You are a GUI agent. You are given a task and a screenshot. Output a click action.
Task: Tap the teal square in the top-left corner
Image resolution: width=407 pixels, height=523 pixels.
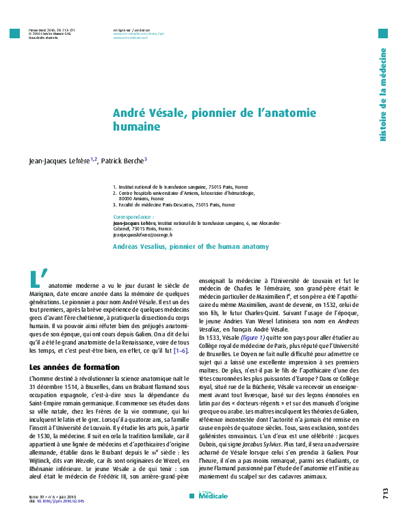pyautogui.click(x=14, y=33)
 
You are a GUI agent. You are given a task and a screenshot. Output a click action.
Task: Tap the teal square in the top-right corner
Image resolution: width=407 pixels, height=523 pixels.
pyautogui.click(x=383, y=33)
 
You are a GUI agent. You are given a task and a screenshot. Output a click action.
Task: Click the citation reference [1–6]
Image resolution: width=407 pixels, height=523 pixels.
pyautogui.click(x=181, y=350)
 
